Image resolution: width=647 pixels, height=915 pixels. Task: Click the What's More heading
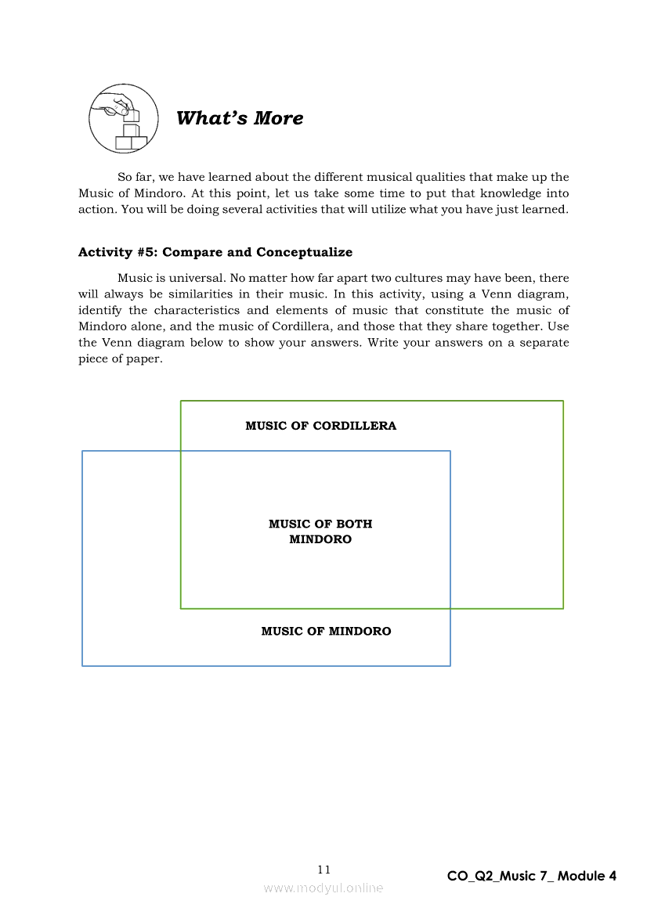[x=240, y=118]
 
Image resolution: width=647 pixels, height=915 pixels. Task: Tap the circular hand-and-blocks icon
[x=124, y=119]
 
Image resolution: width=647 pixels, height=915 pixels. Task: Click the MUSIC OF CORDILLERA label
[x=320, y=426]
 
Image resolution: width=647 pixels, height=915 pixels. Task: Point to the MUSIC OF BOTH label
[x=320, y=524]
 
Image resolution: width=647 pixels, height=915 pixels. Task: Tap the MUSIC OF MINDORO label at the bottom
[x=326, y=631]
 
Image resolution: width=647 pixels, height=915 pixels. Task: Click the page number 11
[x=324, y=870]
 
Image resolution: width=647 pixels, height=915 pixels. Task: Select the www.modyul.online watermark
[x=323, y=888]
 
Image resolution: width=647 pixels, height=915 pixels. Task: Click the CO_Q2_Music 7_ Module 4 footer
[x=532, y=876]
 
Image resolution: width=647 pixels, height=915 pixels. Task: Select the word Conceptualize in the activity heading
[x=304, y=252]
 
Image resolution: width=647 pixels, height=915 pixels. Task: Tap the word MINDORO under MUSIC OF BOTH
[x=320, y=539]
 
